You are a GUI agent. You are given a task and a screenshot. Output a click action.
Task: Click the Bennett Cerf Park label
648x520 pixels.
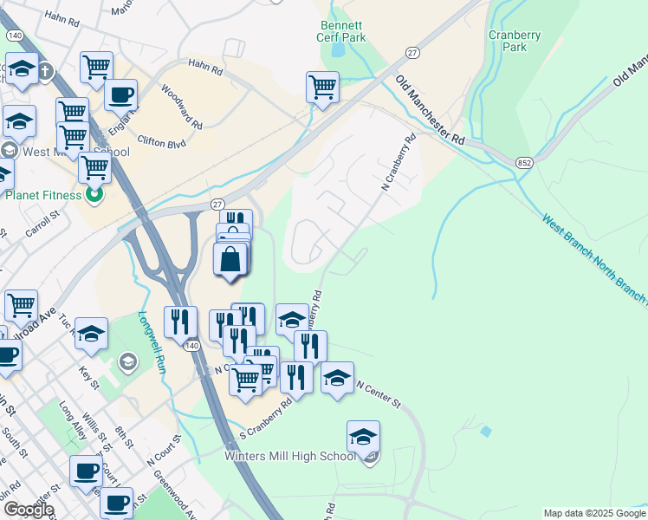click(x=342, y=31)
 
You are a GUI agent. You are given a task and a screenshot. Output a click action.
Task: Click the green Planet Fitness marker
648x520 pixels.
click(x=95, y=195)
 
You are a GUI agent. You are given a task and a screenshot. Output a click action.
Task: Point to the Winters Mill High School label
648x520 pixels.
click(x=289, y=456)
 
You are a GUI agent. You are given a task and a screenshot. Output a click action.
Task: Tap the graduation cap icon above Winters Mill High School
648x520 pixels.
click(x=364, y=436)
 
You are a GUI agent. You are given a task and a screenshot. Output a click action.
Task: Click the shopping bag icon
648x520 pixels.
click(x=230, y=259)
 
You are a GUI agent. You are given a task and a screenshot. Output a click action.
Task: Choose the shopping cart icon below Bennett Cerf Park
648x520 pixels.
click(x=322, y=87)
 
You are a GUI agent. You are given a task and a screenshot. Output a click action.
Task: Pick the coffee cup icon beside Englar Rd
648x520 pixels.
click(x=121, y=94)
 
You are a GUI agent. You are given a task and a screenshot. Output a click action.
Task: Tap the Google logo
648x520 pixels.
click(x=29, y=509)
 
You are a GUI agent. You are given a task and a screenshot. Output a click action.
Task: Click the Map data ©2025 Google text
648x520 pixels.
click(x=593, y=513)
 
